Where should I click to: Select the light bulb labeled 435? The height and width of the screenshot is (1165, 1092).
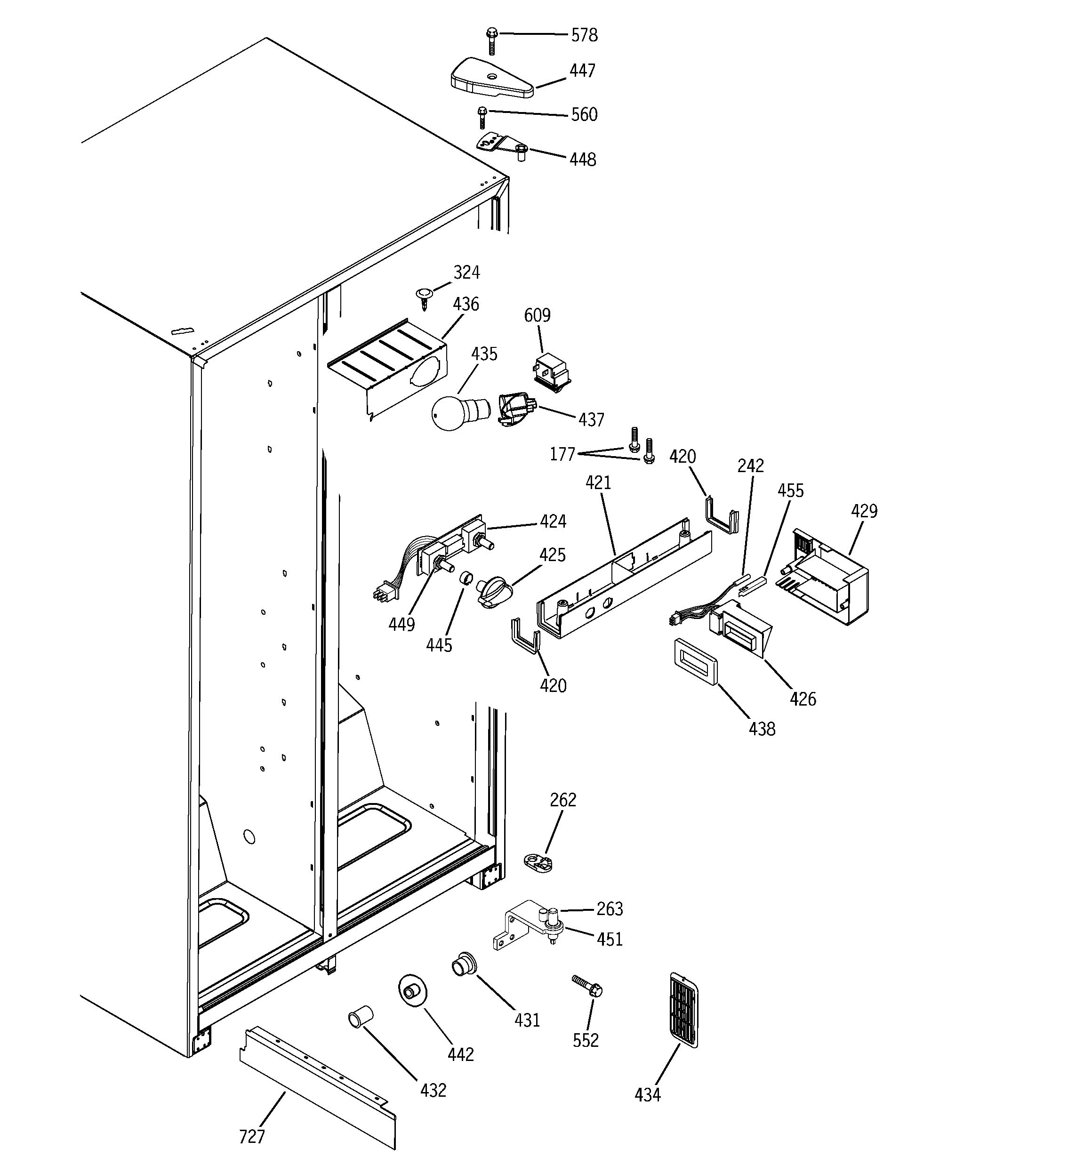(x=454, y=412)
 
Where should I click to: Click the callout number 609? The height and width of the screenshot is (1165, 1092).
(x=537, y=315)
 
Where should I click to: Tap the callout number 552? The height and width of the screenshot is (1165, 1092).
(x=586, y=1040)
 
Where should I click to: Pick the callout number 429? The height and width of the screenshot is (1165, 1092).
(x=864, y=511)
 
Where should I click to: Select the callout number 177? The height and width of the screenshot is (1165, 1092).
(x=562, y=454)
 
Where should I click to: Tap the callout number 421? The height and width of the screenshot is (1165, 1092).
(x=598, y=483)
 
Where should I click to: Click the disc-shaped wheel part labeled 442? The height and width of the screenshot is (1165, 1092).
(x=413, y=991)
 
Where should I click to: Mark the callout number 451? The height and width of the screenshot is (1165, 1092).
(x=609, y=940)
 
